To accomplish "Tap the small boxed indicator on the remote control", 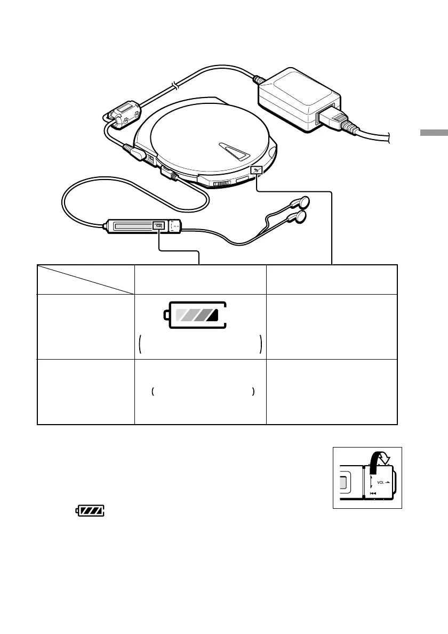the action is (x=158, y=226).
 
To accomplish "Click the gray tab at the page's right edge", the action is (x=433, y=133).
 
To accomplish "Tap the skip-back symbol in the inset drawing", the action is (x=373, y=493).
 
